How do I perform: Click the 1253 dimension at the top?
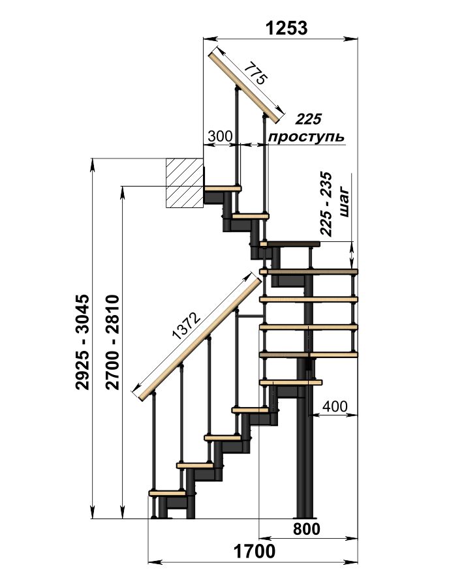coord(286,28)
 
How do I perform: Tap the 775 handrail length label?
coord(255,73)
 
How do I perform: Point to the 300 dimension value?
coord(220,136)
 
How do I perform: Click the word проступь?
coord(306,137)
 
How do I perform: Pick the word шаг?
coord(344,204)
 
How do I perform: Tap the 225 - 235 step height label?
coord(326,204)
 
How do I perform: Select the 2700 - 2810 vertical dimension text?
coord(112,342)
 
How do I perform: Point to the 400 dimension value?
coord(335,406)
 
